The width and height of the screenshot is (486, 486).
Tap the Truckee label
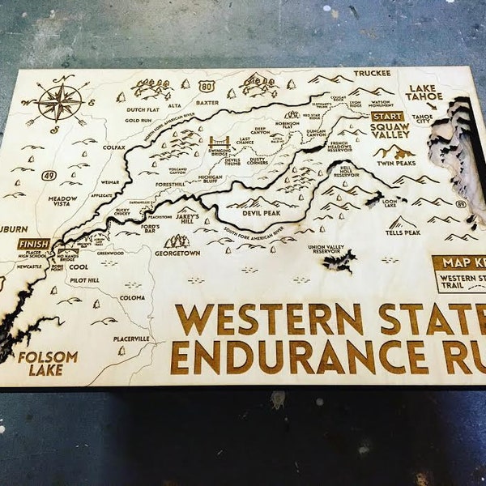371,73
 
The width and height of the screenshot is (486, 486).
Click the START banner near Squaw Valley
386,116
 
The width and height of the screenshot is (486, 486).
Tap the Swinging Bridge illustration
220,145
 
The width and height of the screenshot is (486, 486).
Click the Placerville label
131,339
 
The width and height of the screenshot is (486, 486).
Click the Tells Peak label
403,232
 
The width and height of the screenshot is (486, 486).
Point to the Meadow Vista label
62,199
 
